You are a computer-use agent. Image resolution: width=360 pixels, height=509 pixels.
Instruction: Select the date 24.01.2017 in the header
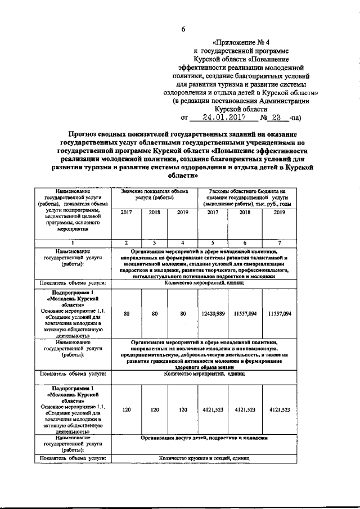pyautogui.click(x=222, y=118)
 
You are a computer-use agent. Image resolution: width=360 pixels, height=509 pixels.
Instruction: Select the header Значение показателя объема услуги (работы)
pyautogui.click(x=154, y=195)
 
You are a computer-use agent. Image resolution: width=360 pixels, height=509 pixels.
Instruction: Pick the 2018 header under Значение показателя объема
pyautogui.click(x=154, y=213)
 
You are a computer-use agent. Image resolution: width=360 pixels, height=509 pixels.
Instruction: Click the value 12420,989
pyautogui.click(x=213, y=313)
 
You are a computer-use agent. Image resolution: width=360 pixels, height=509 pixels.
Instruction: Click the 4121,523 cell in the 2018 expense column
pyautogui.click(x=245, y=410)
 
